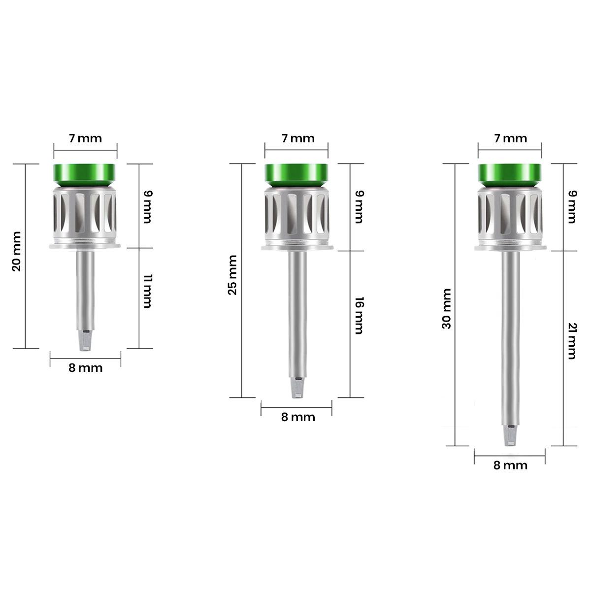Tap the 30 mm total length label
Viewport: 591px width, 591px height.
[x=447, y=309]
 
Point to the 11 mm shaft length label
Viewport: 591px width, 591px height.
[x=147, y=292]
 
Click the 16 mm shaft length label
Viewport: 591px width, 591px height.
[x=359, y=316]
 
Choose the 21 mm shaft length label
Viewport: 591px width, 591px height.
[x=571, y=341]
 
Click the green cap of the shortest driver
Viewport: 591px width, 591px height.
[x=85, y=174]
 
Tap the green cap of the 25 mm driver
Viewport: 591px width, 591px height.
[x=296, y=174]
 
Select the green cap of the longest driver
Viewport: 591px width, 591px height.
[x=509, y=174]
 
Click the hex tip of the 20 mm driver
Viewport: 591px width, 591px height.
[x=85, y=342]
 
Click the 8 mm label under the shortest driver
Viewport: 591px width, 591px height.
[x=85, y=368]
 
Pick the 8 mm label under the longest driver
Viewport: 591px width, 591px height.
[x=510, y=465]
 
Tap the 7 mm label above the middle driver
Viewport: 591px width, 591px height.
[x=297, y=138]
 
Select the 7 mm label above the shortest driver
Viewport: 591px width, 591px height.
[x=85, y=138]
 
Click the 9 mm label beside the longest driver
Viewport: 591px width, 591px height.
[x=571, y=207]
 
